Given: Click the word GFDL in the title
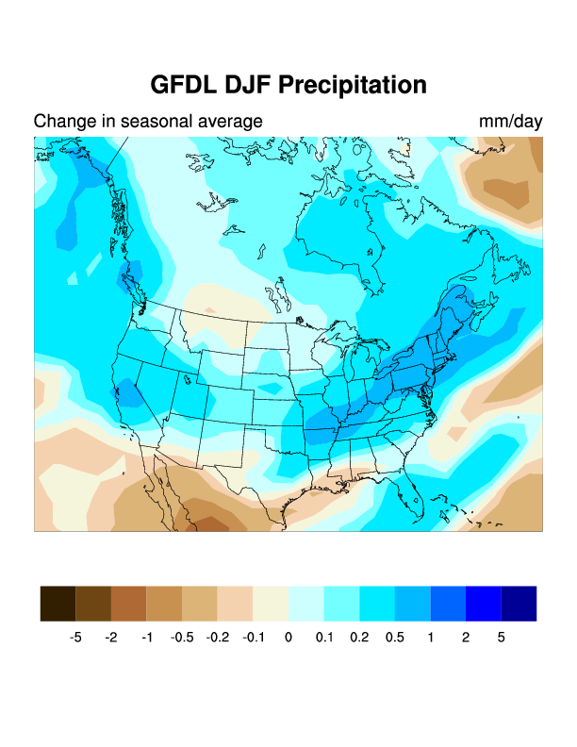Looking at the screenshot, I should [x=184, y=85].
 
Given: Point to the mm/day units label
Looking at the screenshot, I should [x=510, y=122].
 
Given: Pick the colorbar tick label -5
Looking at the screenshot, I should [x=75, y=638].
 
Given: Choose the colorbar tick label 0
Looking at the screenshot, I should [x=288, y=638].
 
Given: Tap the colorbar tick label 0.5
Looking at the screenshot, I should [x=394, y=638].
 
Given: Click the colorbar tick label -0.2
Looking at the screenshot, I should [x=218, y=638].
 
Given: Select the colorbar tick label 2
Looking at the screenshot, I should [x=466, y=638].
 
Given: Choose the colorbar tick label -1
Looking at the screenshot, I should [x=147, y=638].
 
